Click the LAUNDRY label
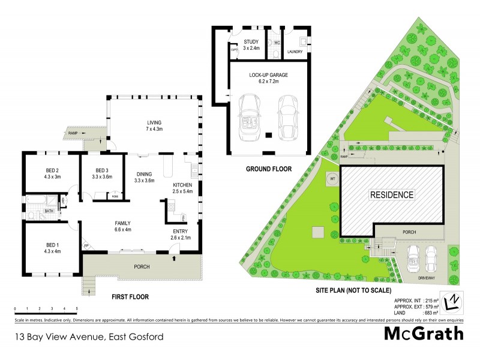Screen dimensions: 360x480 pos(295,52)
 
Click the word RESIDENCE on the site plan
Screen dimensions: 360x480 pos(391,194)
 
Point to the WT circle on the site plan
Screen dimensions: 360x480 pos(331,178)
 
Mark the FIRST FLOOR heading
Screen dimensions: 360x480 pos(129,296)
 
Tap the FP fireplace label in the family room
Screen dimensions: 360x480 pos(86,246)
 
